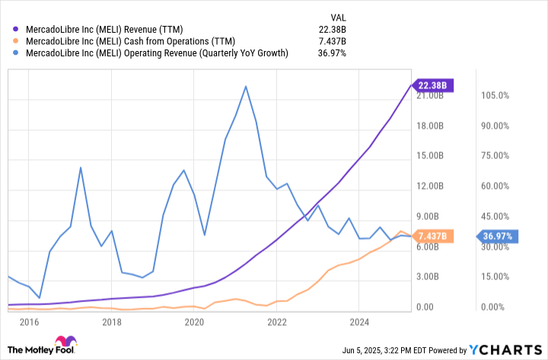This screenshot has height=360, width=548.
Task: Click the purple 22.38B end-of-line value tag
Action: (x=432, y=86)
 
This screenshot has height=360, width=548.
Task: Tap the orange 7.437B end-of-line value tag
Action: (x=432, y=236)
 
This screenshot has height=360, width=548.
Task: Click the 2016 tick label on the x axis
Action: (x=30, y=322)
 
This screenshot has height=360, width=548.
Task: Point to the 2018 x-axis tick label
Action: (x=112, y=322)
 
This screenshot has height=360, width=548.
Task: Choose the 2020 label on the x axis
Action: (x=194, y=322)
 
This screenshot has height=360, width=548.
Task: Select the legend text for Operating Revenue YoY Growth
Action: (x=157, y=53)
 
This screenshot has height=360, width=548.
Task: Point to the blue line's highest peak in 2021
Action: (x=245, y=86)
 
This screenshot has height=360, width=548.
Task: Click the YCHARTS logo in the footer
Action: (x=505, y=349)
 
